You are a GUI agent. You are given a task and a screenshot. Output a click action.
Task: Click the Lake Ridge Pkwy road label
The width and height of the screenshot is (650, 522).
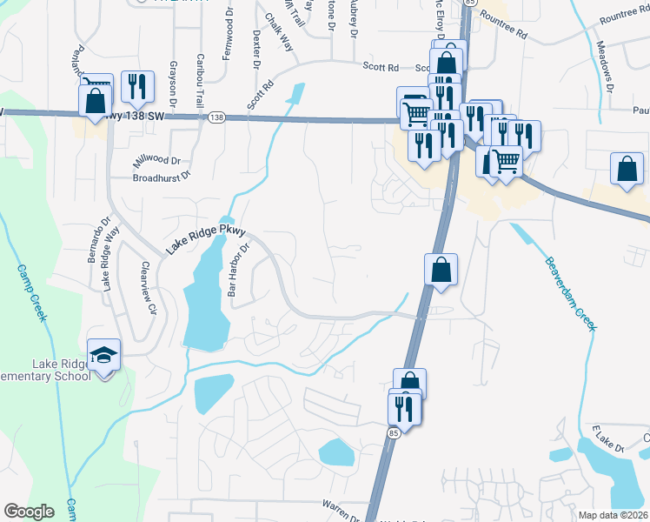(206, 240)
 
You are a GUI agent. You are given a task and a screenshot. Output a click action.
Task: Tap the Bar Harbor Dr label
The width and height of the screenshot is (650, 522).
(238, 270)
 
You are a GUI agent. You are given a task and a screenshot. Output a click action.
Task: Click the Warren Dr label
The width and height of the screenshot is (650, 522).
(342, 509)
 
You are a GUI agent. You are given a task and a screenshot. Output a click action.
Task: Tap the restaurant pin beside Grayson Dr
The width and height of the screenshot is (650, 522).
(137, 86)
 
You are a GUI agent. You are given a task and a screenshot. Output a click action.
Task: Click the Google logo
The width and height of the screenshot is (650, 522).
(29, 512)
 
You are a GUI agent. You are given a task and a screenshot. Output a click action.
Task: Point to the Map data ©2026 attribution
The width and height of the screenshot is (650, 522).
(613, 515)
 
